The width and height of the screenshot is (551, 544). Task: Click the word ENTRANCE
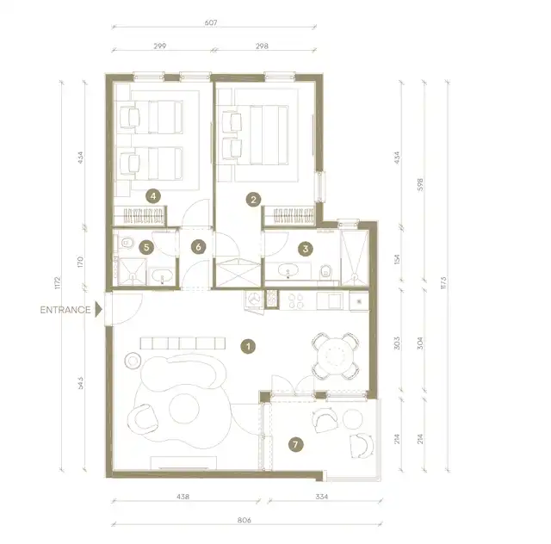(65, 310)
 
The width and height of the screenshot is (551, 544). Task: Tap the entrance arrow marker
(99, 310)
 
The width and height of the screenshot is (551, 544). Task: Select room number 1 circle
(248, 347)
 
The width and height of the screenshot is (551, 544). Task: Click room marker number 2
(253, 200)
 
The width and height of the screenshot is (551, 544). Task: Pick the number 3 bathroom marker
(305, 249)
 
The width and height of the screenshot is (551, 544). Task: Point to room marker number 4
(153, 196)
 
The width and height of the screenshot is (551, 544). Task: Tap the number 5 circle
(146, 247)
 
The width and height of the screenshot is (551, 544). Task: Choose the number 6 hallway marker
(198, 247)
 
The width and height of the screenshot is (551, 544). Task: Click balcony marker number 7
(295, 444)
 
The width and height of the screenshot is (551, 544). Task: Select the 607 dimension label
(211, 22)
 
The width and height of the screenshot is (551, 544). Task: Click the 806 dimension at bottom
(245, 520)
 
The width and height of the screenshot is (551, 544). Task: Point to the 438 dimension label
(183, 497)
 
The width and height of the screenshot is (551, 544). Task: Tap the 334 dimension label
(321, 497)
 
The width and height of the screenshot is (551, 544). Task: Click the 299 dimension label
(160, 46)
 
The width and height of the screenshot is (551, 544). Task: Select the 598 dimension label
(420, 184)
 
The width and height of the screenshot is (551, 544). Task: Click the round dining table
(336, 356)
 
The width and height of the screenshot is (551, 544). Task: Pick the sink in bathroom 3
(288, 270)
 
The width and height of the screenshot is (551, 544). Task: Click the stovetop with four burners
(296, 300)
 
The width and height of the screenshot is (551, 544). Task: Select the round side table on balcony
(352, 419)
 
